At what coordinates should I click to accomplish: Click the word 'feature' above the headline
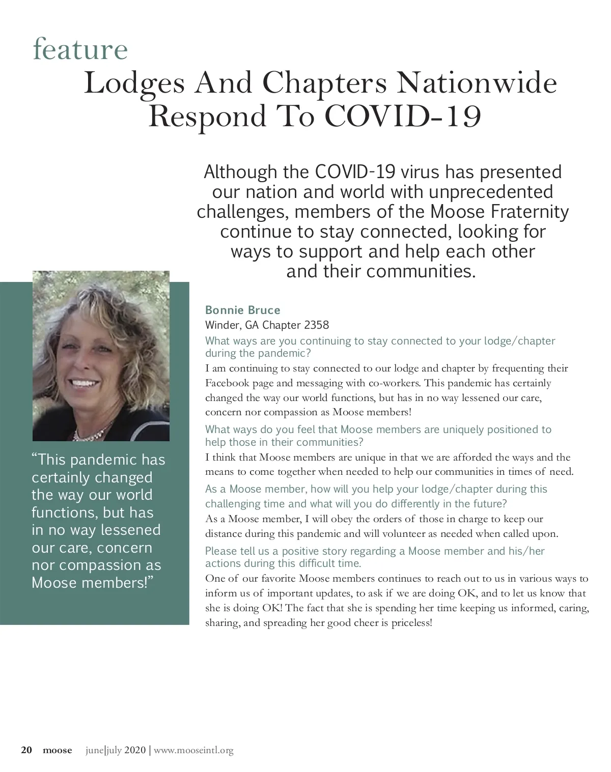tap(80, 49)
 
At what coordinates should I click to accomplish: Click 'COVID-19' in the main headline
tap(402, 116)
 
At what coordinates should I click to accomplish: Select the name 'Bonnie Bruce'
tap(242, 310)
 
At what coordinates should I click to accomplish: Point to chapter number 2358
tap(316, 325)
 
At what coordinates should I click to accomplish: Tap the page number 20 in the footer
tap(26, 750)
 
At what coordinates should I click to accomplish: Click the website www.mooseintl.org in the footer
tap(193, 750)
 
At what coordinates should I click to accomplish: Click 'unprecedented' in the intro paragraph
tap(491, 192)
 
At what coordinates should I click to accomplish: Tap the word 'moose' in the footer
tap(57, 750)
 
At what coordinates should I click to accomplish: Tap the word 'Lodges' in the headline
tap(134, 82)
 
